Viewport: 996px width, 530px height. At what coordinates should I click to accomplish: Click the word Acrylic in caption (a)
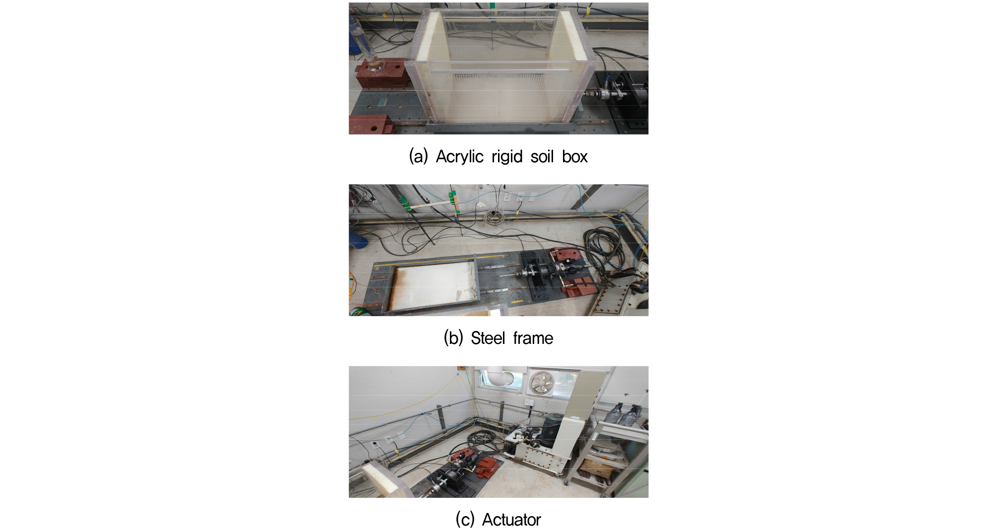[460, 156]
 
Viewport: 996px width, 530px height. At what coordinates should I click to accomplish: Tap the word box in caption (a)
[575, 156]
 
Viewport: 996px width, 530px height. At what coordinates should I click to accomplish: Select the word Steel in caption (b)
[488, 338]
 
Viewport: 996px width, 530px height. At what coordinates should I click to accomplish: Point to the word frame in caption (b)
[533, 338]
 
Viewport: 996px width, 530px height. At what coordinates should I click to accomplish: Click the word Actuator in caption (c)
[511, 520]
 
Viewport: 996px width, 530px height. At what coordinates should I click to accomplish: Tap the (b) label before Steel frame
[453, 338]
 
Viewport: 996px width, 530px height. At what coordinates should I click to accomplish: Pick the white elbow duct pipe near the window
[501, 376]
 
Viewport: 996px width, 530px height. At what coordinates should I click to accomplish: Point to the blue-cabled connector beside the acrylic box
[610, 91]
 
